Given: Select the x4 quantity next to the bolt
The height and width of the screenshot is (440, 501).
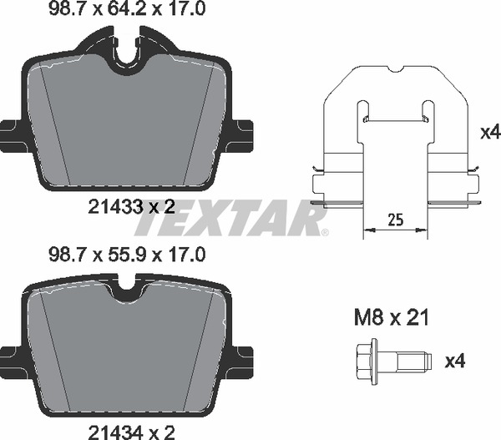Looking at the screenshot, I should pyautogui.click(x=455, y=362).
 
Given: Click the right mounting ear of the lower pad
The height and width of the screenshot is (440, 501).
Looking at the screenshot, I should pyautogui.click(x=242, y=357).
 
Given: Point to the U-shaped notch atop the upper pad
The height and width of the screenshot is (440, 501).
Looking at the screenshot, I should pyautogui.click(x=128, y=52).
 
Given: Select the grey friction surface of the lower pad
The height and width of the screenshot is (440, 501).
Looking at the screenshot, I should pyautogui.click(x=128, y=351).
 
